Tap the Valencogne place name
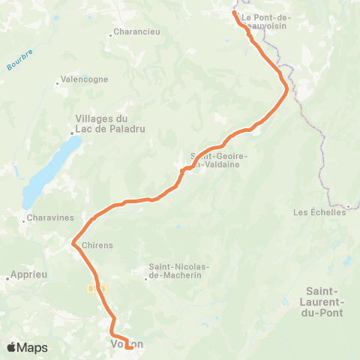click(x=85, y=79)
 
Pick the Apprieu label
click(x=31, y=275)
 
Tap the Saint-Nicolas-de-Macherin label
click(x=178, y=271)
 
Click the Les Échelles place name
click(x=319, y=212)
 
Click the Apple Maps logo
click(x=25, y=347)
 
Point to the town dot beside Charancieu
click(x=110, y=33)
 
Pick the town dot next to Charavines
click(x=23, y=220)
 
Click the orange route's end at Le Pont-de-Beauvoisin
click(x=235, y=13)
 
